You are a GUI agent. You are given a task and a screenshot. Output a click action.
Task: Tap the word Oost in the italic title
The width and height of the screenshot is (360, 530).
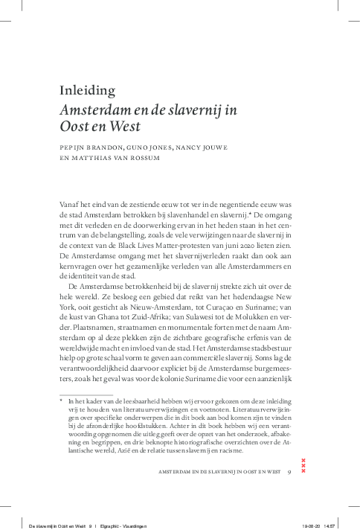pos(75,127)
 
